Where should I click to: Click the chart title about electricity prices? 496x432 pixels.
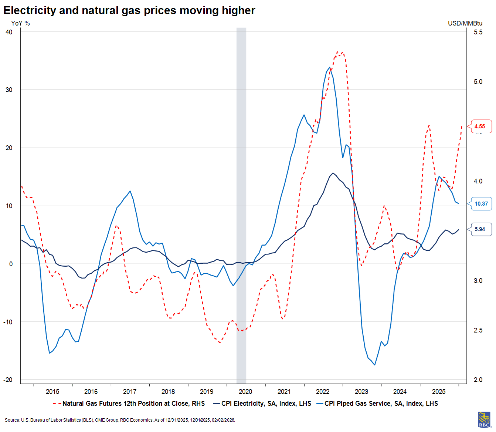(x=129, y=10)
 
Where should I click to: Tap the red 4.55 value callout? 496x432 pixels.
(x=480, y=126)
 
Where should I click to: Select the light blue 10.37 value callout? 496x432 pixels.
(x=481, y=204)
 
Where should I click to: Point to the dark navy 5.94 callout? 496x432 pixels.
(x=480, y=229)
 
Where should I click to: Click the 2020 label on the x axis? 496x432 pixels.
(x=245, y=392)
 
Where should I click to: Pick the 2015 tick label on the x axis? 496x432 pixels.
(x=52, y=392)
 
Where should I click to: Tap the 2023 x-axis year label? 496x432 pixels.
(x=361, y=392)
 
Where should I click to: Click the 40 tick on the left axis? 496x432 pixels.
(x=9, y=32)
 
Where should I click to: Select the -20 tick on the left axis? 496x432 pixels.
(x=8, y=380)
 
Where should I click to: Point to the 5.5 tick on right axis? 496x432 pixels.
(x=478, y=32)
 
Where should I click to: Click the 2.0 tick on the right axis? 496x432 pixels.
(x=478, y=380)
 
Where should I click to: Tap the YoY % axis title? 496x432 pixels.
(x=20, y=23)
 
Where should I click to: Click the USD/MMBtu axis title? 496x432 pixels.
(x=465, y=23)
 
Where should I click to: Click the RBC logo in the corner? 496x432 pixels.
(x=484, y=420)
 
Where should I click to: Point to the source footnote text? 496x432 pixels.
(x=120, y=420)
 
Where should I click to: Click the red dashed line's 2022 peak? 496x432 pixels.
(x=338, y=52)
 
